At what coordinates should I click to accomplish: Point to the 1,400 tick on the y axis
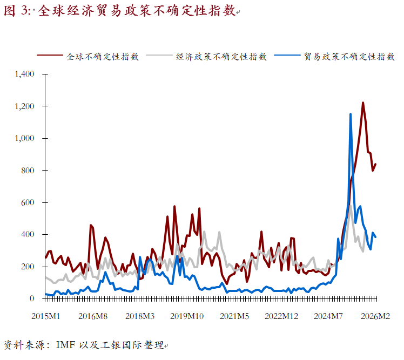[25, 74]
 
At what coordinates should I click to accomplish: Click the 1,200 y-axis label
[25, 106]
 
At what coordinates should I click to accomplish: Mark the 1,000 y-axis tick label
[25, 138]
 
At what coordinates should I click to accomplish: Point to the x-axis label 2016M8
[92, 316]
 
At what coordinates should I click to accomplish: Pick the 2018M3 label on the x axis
[140, 316]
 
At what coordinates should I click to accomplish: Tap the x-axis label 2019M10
[186, 316]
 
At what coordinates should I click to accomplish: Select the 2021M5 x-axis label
[234, 316]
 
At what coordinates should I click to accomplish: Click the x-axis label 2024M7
[329, 316]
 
